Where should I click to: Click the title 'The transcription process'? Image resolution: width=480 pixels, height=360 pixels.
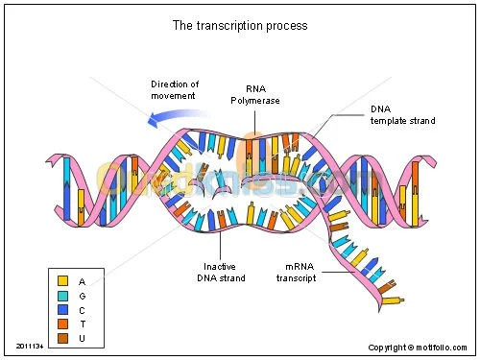coord(239,26)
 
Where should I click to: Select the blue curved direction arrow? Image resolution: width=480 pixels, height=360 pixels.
coord(177,117)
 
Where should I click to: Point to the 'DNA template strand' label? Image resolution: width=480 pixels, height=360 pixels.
coord(402,114)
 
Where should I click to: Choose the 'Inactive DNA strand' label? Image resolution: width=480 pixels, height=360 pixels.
coord(224,272)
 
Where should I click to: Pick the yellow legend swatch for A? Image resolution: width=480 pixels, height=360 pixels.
coord(62,281)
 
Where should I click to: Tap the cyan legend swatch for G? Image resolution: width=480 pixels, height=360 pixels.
coord(62,296)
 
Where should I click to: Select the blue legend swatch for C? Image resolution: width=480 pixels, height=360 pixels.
coord(62,310)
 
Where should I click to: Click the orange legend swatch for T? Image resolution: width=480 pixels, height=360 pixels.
coord(62,324)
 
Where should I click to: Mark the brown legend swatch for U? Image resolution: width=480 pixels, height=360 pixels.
coord(62,339)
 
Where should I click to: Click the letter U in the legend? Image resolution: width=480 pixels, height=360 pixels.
coord(83,339)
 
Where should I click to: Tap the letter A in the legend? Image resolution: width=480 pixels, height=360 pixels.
coord(83,281)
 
